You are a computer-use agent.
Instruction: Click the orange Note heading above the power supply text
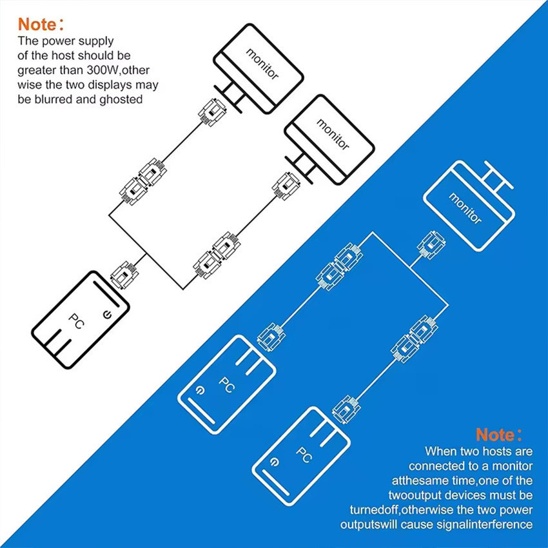click(41, 24)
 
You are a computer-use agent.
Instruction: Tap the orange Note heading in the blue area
click(499, 435)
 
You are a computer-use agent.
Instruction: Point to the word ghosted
click(121, 99)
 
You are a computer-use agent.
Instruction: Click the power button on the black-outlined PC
click(107, 315)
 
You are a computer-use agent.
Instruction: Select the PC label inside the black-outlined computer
click(76, 321)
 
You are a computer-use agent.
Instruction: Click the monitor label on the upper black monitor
click(262, 64)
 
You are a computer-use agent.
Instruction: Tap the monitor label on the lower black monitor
click(333, 135)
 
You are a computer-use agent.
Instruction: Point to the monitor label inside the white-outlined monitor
click(465, 208)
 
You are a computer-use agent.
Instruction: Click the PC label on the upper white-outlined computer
click(227, 385)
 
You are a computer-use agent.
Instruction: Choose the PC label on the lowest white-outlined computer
click(304, 455)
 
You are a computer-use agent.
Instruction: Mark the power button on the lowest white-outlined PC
click(276, 463)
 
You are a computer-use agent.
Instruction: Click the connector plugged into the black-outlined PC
click(124, 275)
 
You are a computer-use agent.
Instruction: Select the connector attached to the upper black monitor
click(213, 112)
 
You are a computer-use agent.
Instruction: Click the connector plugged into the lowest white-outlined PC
click(346, 409)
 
